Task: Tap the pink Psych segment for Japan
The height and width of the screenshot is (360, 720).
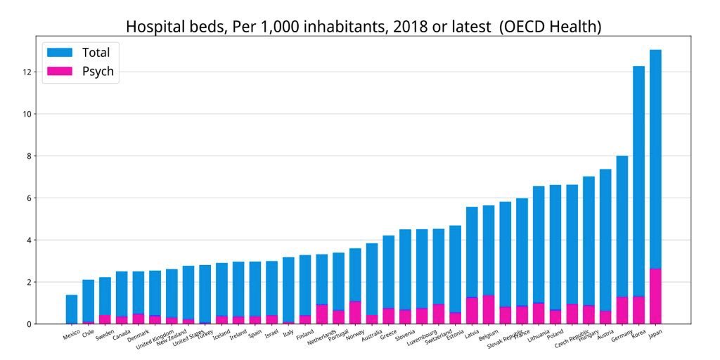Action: pos(655,296)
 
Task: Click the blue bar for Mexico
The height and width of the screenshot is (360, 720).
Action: pos(72,309)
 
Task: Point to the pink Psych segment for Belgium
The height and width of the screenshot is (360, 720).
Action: pos(488,309)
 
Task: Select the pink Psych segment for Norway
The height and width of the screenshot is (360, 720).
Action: pos(355,312)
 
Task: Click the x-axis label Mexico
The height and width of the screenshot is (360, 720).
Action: pos(71,335)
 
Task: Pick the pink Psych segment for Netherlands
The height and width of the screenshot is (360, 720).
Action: pos(321,314)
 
